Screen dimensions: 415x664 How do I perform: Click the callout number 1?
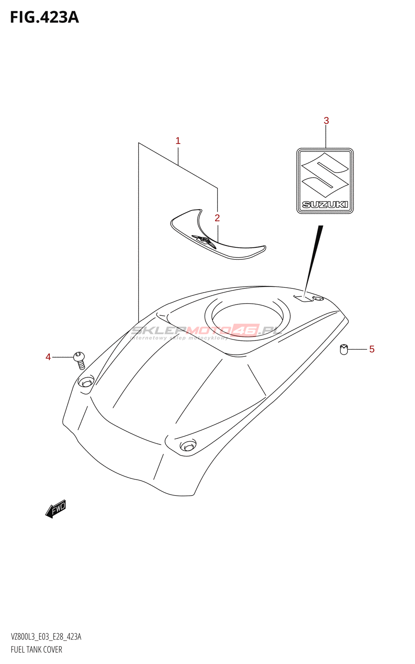pyautogui.click(x=178, y=141)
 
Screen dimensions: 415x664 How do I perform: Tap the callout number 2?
pyautogui.click(x=217, y=218)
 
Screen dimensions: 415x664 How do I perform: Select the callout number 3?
pyautogui.click(x=326, y=121)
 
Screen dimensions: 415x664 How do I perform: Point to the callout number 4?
pyautogui.click(x=48, y=357)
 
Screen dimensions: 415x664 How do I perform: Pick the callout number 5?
pyautogui.click(x=371, y=349)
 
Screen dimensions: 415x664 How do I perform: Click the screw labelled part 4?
pyautogui.click(x=79, y=360)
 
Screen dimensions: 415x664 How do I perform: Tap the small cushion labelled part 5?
pyautogui.click(x=344, y=349)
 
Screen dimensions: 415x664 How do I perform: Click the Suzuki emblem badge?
pyautogui.click(x=325, y=181)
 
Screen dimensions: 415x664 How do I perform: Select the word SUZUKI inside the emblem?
pyautogui.click(x=325, y=204)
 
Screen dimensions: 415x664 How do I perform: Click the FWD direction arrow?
pyautogui.click(x=56, y=508)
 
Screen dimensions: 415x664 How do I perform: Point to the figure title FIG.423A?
pyautogui.click(x=44, y=17)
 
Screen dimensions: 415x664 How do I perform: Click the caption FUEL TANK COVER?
pyautogui.click(x=37, y=649)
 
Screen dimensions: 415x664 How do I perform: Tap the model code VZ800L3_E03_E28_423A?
pyautogui.click(x=46, y=637)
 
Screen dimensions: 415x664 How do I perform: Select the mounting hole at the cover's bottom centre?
pyautogui.click(x=188, y=446)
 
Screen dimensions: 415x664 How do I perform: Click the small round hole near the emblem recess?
pyautogui.click(x=318, y=298)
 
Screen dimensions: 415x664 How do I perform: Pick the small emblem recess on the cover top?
pyautogui.click(x=303, y=298)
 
